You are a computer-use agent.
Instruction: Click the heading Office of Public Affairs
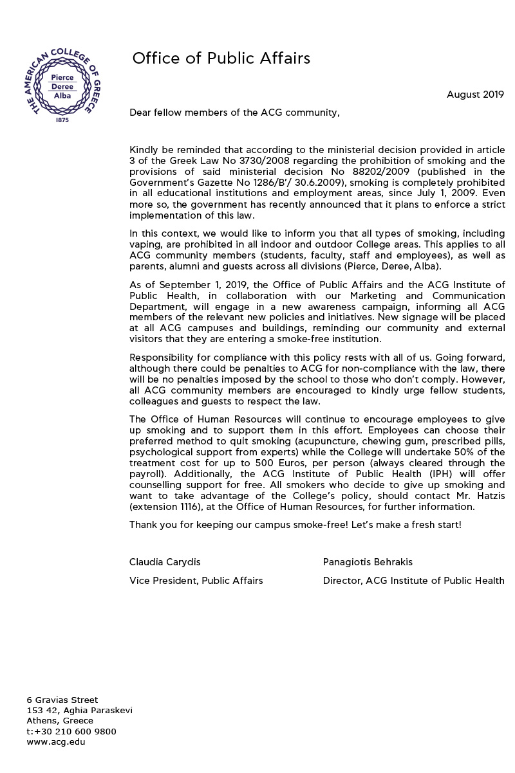[221, 59]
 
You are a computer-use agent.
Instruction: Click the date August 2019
[475, 95]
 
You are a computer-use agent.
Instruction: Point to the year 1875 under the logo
[62, 120]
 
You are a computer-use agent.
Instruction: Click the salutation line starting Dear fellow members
[234, 113]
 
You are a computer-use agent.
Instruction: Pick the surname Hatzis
[490, 495]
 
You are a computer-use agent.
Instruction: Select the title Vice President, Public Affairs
[196, 581]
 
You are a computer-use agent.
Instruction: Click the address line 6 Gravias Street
[62, 700]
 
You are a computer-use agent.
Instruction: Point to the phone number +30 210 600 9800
[75, 731]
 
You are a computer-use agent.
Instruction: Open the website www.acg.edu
[56, 741]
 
